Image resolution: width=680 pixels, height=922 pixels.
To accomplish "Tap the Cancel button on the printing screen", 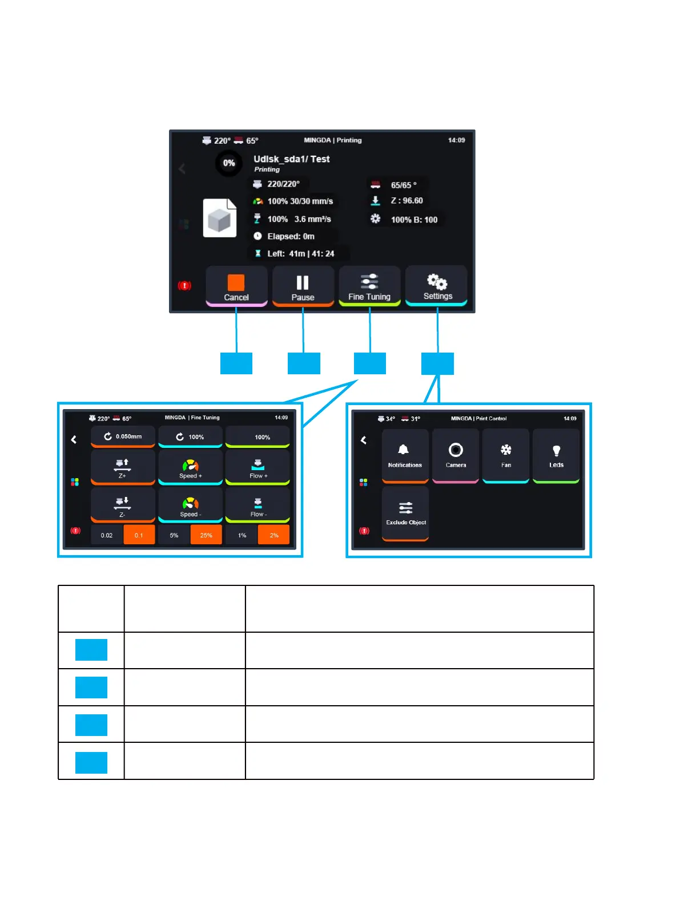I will click(x=236, y=286).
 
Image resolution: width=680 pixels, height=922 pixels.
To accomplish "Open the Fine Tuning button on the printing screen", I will click(x=369, y=286).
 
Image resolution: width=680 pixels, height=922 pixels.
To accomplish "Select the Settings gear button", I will click(x=437, y=285).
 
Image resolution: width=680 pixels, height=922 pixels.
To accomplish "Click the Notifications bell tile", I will click(x=405, y=455).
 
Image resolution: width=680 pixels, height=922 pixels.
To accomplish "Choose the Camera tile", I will click(x=456, y=455).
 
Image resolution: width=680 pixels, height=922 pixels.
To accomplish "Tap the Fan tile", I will click(x=506, y=455).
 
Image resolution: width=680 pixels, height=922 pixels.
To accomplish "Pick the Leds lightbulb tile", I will click(x=556, y=455).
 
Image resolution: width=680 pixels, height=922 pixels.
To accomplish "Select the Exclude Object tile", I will click(x=405, y=512).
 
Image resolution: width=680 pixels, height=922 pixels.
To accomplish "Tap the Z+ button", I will click(x=123, y=467).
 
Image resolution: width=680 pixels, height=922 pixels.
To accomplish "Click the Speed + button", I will click(x=190, y=467).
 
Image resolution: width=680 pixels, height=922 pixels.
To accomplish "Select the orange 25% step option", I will click(x=206, y=535).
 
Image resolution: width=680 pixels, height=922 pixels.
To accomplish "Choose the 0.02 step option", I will click(x=107, y=535).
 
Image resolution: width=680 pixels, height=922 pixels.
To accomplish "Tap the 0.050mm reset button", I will click(x=123, y=436).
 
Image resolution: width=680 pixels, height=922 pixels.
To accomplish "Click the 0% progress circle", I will click(x=229, y=163).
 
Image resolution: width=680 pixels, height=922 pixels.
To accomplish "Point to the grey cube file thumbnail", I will click(x=220, y=218).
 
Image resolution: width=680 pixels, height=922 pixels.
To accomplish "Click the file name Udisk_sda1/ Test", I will click(x=291, y=159).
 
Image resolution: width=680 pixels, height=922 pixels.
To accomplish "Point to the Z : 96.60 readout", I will click(x=407, y=201).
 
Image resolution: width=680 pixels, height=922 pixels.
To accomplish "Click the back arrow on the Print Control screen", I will click(x=364, y=440).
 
